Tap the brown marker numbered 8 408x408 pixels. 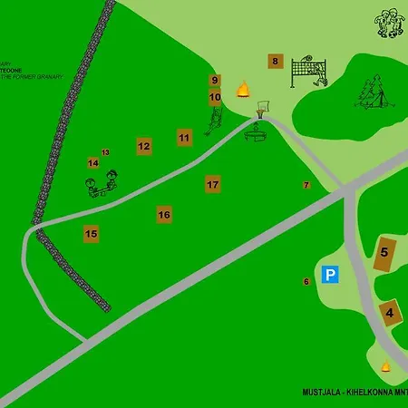[275, 63]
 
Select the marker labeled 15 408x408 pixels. [91, 234]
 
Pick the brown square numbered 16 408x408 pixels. [164, 215]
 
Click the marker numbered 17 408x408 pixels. [213, 184]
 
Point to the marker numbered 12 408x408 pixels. [143, 145]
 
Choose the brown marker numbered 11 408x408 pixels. [184, 138]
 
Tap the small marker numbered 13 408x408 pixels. [105, 152]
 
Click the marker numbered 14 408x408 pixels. [92, 163]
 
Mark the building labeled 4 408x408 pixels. [390, 314]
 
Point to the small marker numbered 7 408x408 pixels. [306, 185]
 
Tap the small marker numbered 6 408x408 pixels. [306, 282]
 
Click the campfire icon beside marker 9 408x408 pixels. [243, 89]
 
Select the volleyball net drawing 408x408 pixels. [309, 72]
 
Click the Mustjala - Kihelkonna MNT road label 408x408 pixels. [355, 393]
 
